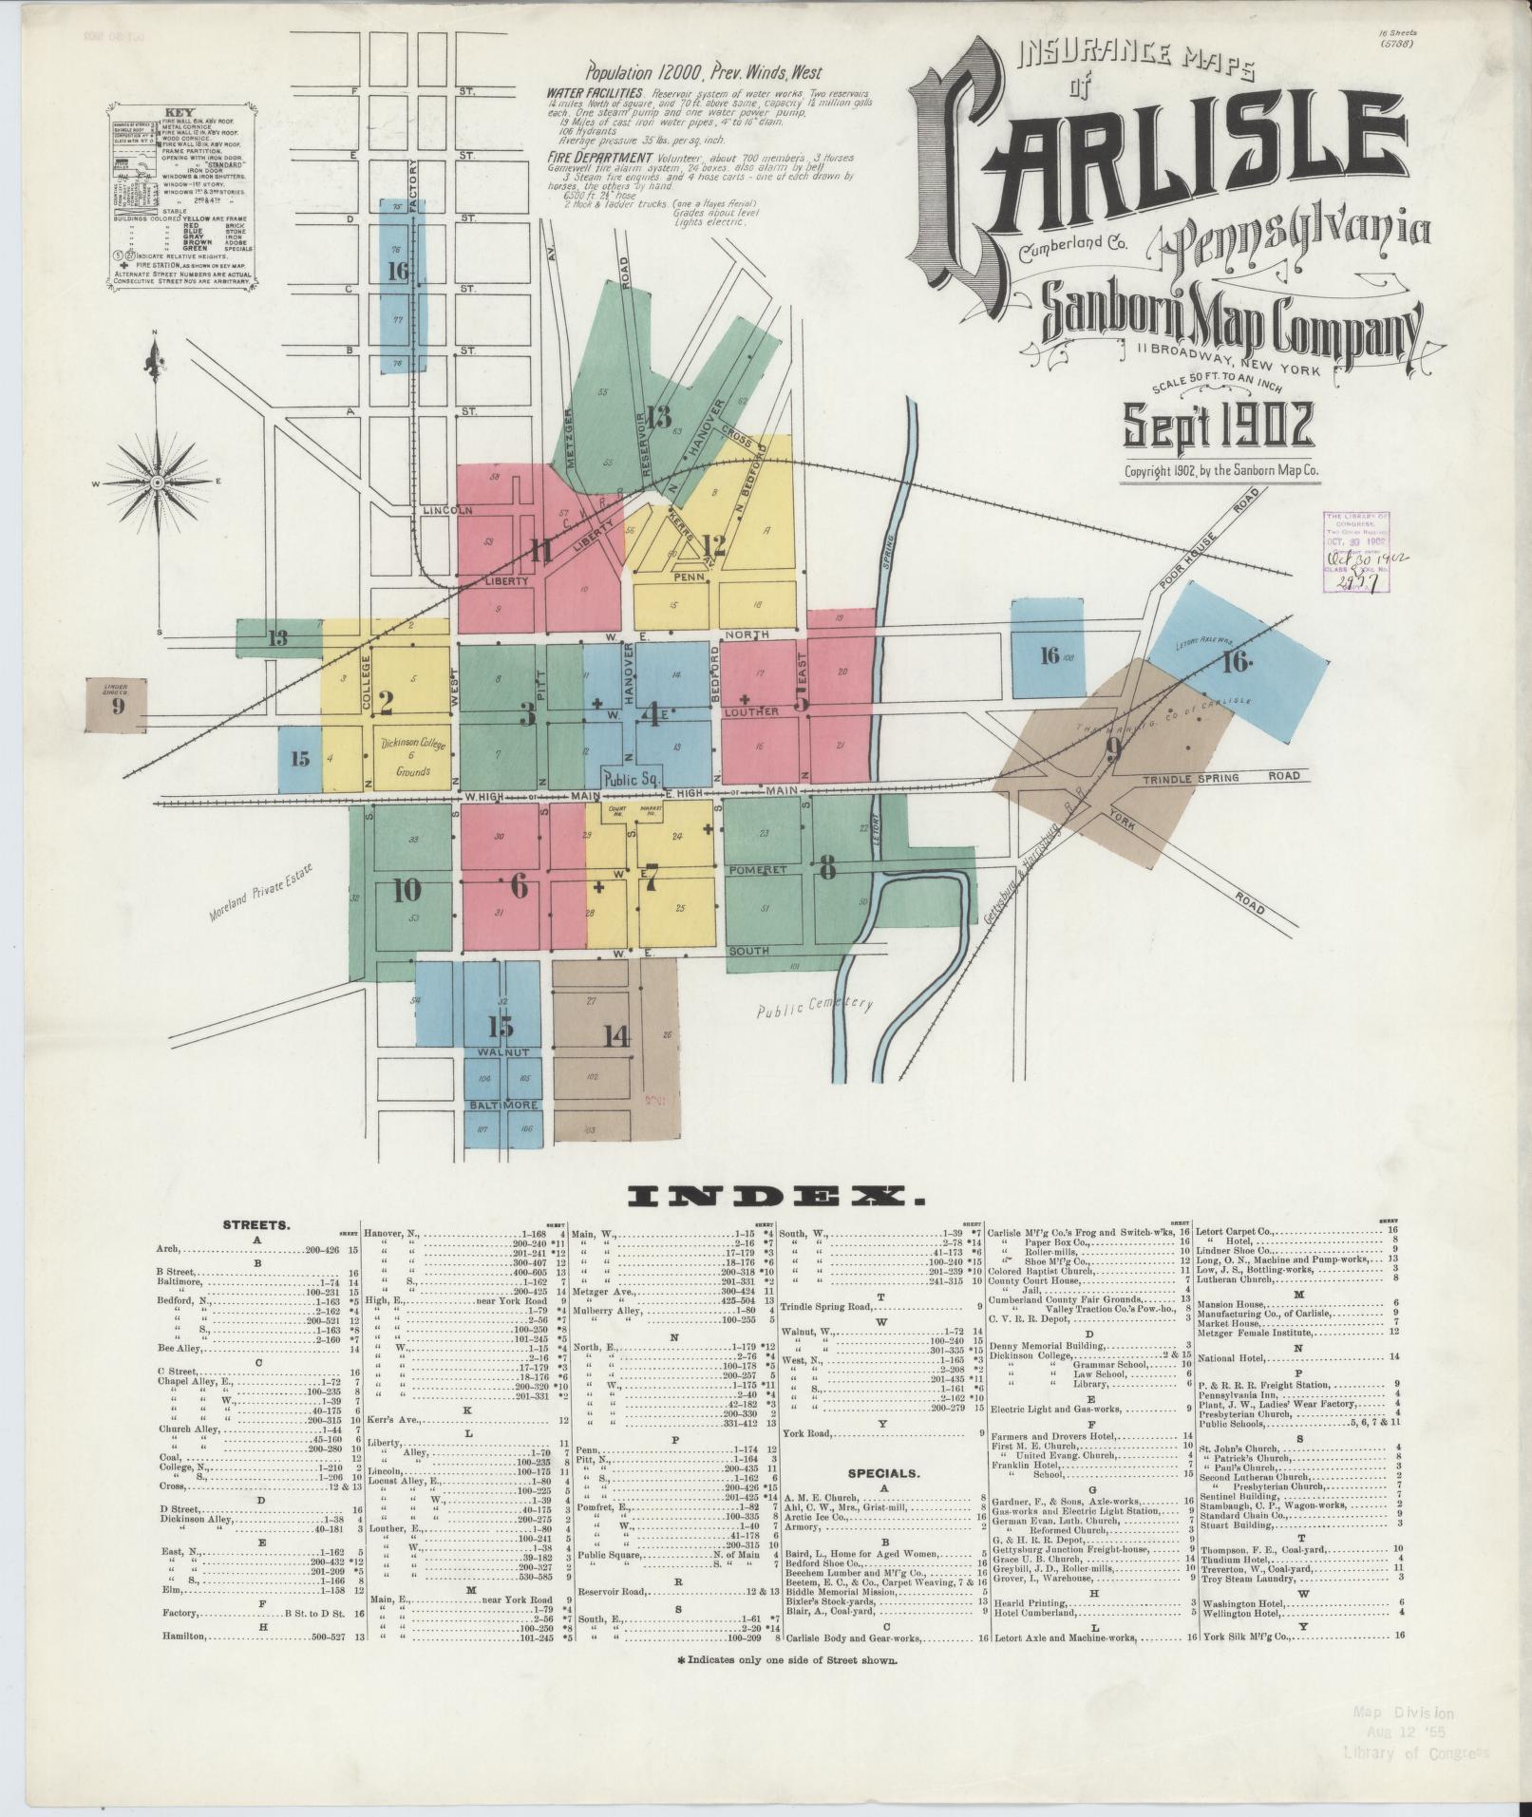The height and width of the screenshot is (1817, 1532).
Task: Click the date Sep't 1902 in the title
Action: point(1220,425)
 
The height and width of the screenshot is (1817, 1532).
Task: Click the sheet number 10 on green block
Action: point(406,890)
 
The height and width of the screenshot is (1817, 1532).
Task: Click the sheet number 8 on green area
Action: point(827,866)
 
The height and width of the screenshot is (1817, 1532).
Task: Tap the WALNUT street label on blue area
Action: point(503,1053)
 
